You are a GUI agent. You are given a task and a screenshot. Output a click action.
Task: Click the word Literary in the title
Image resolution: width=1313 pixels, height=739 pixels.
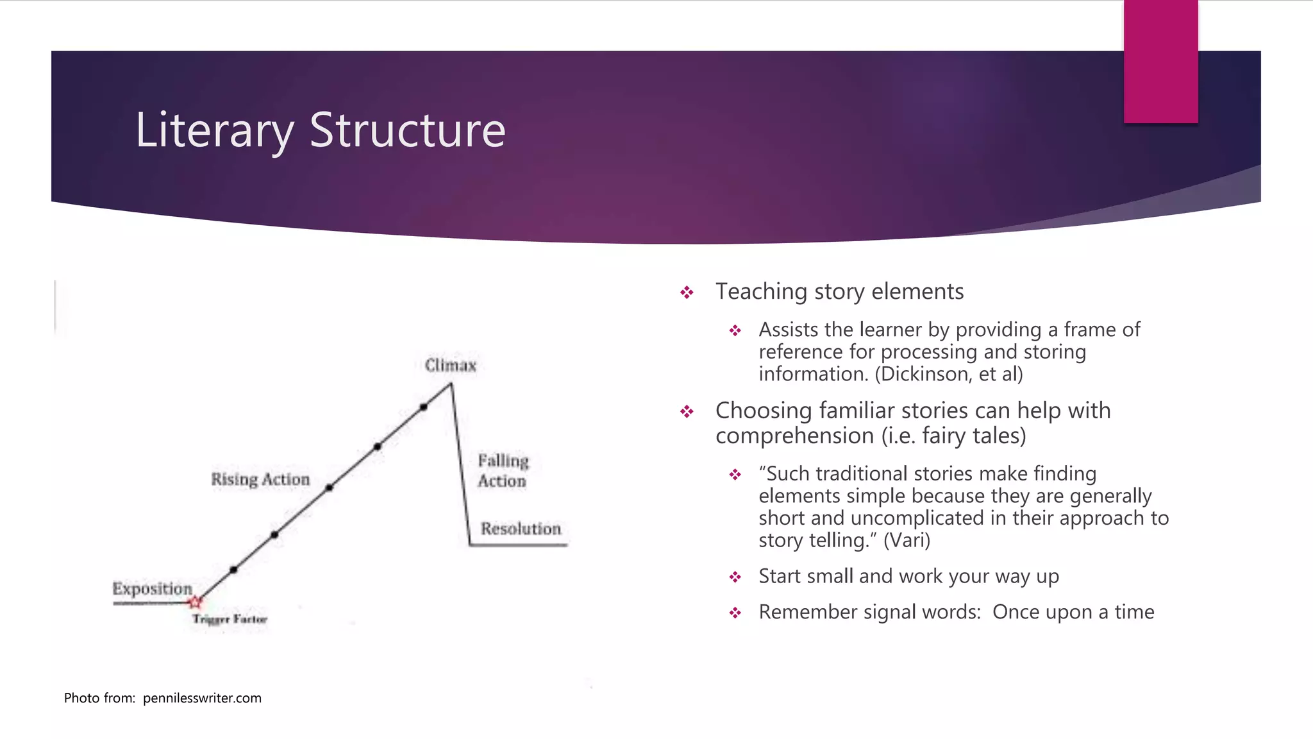pos(214,131)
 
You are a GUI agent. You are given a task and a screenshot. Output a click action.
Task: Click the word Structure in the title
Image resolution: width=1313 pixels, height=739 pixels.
pos(408,131)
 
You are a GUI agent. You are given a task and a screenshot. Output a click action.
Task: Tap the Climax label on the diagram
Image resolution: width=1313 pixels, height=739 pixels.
pos(451,366)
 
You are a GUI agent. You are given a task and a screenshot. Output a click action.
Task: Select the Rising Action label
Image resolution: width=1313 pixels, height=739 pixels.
pos(260,479)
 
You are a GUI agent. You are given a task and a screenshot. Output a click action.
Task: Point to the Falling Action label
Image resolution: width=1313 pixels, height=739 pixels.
pos(503,471)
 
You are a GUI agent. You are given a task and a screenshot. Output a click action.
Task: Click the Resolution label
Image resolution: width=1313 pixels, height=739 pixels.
pos(521,529)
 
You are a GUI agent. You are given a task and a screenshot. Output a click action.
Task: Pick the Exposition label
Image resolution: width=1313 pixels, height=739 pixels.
pos(152,589)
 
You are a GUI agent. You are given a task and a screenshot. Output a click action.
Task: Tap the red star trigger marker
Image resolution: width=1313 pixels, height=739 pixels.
pos(195,602)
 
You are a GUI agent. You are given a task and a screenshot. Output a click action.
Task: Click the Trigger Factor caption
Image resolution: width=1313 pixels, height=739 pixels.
pos(230,619)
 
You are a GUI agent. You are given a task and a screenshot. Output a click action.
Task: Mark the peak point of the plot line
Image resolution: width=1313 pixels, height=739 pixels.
pos(451,384)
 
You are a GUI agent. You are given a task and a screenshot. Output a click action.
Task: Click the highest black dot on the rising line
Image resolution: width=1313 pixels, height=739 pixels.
pos(424,407)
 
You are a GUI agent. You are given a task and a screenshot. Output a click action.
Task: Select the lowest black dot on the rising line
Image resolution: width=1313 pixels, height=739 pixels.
pos(233,570)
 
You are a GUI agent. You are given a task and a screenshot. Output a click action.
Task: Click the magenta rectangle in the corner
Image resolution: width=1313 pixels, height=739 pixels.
pos(1160,61)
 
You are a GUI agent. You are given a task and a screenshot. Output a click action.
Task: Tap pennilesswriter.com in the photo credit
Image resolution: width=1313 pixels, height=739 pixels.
pos(202,698)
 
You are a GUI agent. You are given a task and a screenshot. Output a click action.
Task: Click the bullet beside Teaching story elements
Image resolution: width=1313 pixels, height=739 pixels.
pos(687,293)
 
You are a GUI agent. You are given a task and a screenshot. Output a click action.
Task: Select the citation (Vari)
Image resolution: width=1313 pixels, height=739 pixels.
pos(907,540)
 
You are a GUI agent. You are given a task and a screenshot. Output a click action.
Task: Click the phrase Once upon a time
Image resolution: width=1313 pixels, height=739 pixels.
pos(1073,612)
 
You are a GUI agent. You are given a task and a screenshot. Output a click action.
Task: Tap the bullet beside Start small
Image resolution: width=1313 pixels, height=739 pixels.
pos(735,577)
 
